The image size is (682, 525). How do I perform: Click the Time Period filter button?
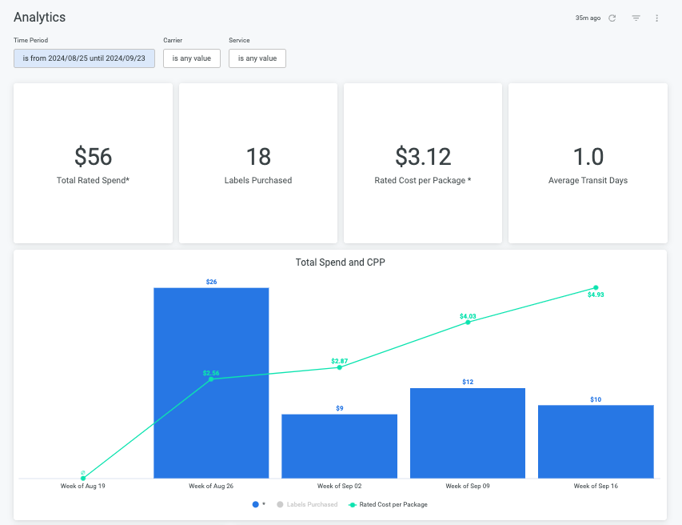pyautogui.click(x=84, y=58)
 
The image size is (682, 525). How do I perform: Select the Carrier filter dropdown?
pyautogui.click(x=192, y=58)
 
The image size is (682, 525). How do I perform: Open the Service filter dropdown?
pyautogui.click(x=257, y=58)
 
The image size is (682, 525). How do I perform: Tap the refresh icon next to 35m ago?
pyautogui.click(x=612, y=18)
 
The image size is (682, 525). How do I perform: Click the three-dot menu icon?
pyautogui.click(x=656, y=18)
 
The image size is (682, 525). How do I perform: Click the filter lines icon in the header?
pyautogui.click(x=636, y=18)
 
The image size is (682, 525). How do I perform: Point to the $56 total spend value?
pyautogui.click(x=93, y=157)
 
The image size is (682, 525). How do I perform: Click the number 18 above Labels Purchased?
pyautogui.click(x=258, y=157)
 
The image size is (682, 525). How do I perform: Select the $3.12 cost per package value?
pyautogui.click(x=423, y=157)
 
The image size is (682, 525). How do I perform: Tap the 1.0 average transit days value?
pyautogui.click(x=588, y=157)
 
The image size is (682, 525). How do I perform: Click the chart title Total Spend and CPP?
pyautogui.click(x=340, y=262)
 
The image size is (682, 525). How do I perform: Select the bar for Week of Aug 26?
pyautogui.click(x=211, y=383)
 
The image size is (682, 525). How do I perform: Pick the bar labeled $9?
pyautogui.click(x=339, y=447)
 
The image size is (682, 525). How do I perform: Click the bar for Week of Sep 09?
pyautogui.click(x=468, y=433)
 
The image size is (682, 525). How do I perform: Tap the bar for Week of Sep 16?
pyautogui.click(x=596, y=442)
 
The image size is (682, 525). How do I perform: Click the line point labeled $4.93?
pyautogui.click(x=596, y=288)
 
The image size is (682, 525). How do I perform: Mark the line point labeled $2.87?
pyautogui.click(x=340, y=367)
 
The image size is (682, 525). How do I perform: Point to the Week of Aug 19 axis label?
pyautogui.click(x=82, y=486)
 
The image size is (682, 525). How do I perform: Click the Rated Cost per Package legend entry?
pyautogui.click(x=388, y=504)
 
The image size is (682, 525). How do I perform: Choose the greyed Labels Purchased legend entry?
pyautogui.click(x=307, y=504)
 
